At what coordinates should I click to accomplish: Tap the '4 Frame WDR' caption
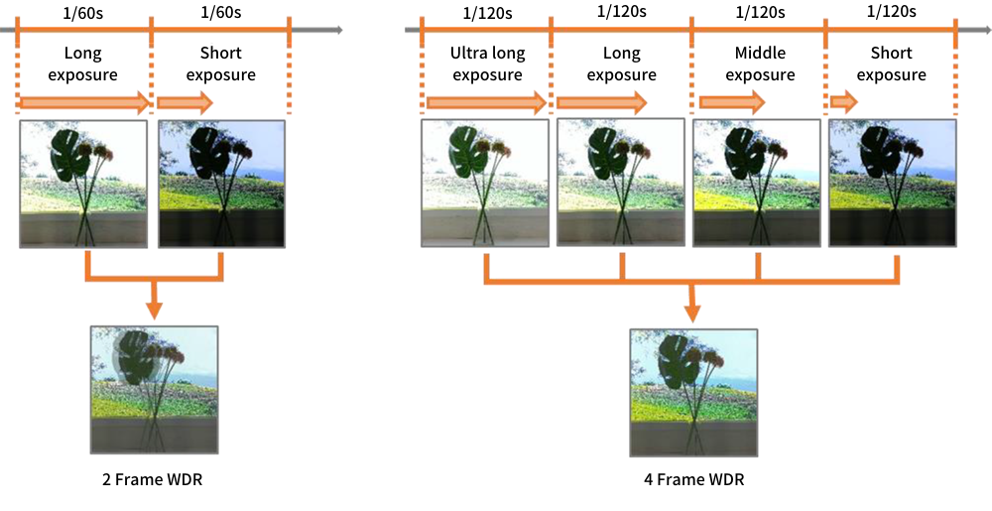click(693, 480)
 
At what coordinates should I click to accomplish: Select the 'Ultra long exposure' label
click(487, 64)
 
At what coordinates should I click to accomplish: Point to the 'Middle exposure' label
click(760, 64)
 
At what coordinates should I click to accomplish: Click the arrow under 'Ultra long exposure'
click(486, 102)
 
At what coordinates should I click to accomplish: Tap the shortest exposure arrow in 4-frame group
click(844, 101)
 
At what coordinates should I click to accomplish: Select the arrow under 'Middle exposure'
click(732, 102)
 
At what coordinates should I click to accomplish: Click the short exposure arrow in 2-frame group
click(186, 102)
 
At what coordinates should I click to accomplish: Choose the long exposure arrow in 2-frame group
click(85, 102)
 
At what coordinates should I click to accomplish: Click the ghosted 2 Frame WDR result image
click(155, 390)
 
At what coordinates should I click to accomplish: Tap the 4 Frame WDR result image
click(693, 392)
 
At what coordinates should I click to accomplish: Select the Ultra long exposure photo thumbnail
click(485, 183)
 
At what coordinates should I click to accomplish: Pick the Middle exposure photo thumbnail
click(757, 183)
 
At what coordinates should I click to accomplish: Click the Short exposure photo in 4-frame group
click(893, 183)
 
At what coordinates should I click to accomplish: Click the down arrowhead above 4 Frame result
click(693, 312)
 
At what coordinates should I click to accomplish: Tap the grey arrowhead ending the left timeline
click(338, 30)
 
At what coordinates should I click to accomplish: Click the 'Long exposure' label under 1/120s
click(621, 64)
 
